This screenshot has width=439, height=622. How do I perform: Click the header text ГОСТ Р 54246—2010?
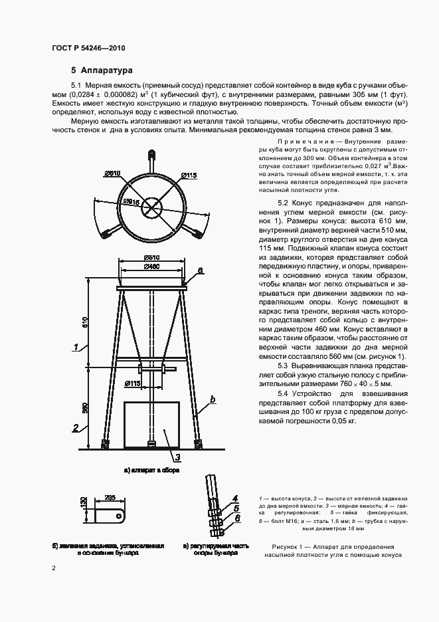coord(88,49)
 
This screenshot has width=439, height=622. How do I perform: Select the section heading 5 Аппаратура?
coord(102,70)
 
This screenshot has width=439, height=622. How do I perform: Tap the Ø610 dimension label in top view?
coord(112,174)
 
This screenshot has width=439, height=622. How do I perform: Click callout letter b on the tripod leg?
coord(212,399)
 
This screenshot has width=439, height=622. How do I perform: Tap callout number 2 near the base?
coord(76,427)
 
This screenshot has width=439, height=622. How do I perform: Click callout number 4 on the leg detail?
coord(235,498)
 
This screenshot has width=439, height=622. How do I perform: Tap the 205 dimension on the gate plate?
coord(110,497)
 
